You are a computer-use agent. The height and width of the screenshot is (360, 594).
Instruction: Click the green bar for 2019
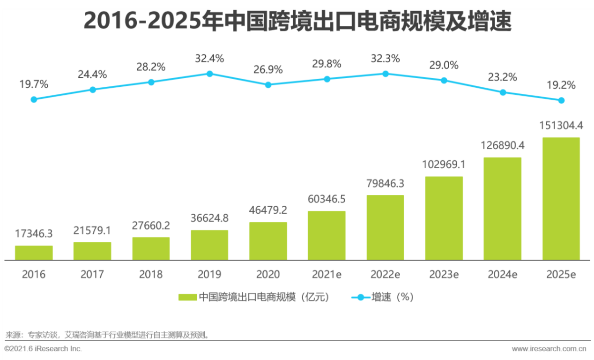[x=209, y=245]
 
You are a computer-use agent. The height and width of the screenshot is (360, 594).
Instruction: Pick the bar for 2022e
[x=385, y=227]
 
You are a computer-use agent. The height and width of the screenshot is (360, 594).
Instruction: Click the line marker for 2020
[x=268, y=85]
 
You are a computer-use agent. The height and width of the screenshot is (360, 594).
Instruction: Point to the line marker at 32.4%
[x=209, y=74]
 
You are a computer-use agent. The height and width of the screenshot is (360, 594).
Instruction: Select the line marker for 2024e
[x=503, y=92]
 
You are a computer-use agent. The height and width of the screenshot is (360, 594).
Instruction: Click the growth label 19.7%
[x=34, y=85]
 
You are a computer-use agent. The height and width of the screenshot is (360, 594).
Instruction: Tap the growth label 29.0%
[x=444, y=65]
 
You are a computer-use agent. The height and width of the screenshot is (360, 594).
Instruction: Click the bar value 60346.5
[x=327, y=199]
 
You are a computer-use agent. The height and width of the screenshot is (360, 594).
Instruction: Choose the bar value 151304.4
[x=561, y=126]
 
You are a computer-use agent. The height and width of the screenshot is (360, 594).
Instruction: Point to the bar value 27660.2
[x=151, y=225]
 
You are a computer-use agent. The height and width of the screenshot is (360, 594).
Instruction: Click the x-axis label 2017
[x=92, y=274]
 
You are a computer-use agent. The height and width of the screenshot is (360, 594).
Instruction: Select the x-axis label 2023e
[x=444, y=274]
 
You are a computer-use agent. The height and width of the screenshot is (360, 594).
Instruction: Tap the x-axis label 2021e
[x=327, y=274]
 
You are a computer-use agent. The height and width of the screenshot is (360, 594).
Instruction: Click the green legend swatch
[x=187, y=297]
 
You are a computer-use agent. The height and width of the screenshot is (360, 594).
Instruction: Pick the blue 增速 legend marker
[x=360, y=297]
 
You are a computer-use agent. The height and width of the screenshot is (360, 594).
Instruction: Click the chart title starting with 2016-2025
[x=297, y=22]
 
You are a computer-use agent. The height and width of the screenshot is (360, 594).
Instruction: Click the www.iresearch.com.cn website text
[x=549, y=349]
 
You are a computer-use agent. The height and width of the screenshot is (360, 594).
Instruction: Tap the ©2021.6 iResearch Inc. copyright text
[x=43, y=349]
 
